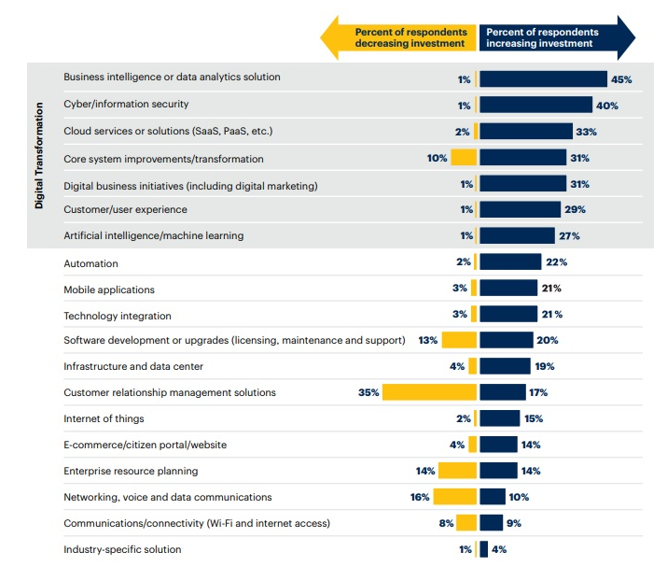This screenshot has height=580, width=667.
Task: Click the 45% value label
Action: click(x=621, y=79)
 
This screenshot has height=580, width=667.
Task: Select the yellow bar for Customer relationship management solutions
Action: click(x=429, y=392)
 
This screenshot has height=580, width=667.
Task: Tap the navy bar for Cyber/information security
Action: click(x=535, y=106)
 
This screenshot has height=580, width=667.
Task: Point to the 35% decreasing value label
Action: click(x=368, y=392)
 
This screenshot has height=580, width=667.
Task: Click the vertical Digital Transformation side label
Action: click(x=39, y=155)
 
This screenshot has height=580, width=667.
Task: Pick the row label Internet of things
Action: click(x=104, y=418)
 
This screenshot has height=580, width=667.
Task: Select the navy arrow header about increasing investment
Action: click(x=555, y=37)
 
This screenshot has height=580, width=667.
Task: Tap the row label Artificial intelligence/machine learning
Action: click(x=153, y=235)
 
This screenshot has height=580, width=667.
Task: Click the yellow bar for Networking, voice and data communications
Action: click(x=454, y=497)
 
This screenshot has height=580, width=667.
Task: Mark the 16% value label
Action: click(x=419, y=497)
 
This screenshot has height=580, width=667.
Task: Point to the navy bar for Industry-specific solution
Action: click(x=483, y=549)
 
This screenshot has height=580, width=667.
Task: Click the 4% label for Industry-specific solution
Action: click(x=498, y=549)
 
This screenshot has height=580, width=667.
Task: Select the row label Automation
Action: click(x=90, y=264)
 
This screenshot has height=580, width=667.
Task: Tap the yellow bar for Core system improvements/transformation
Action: click(x=464, y=158)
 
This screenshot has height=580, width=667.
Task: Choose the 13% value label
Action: click(x=428, y=340)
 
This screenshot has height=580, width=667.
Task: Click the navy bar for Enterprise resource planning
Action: click(x=498, y=471)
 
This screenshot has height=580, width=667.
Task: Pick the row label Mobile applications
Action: click(x=109, y=290)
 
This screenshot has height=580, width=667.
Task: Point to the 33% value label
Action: click(x=586, y=132)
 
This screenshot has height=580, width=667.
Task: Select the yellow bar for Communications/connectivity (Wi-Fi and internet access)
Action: click(x=466, y=523)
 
